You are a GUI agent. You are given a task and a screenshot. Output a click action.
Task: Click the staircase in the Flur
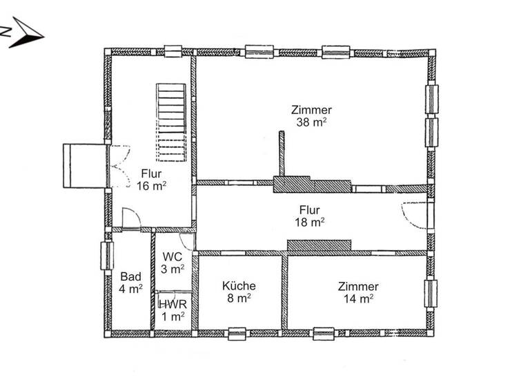(171, 122)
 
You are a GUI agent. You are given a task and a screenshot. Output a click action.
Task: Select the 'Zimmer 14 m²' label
(357, 292)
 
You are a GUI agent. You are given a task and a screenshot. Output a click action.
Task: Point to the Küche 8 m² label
(239, 292)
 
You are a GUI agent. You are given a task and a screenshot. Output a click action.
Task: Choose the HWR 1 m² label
(172, 310)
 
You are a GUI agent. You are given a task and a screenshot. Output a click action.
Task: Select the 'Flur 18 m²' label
(311, 216)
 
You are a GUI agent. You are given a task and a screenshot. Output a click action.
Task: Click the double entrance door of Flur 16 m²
(117, 166)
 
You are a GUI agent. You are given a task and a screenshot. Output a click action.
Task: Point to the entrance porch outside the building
(84, 165)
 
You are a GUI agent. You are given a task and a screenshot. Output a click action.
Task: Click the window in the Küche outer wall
(237, 333)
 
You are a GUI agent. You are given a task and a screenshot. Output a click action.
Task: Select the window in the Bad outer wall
(106, 256)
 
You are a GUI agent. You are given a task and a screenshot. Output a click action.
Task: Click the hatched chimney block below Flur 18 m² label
(320, 246)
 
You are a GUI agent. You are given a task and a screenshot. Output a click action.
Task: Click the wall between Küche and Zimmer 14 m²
(284, 292)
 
